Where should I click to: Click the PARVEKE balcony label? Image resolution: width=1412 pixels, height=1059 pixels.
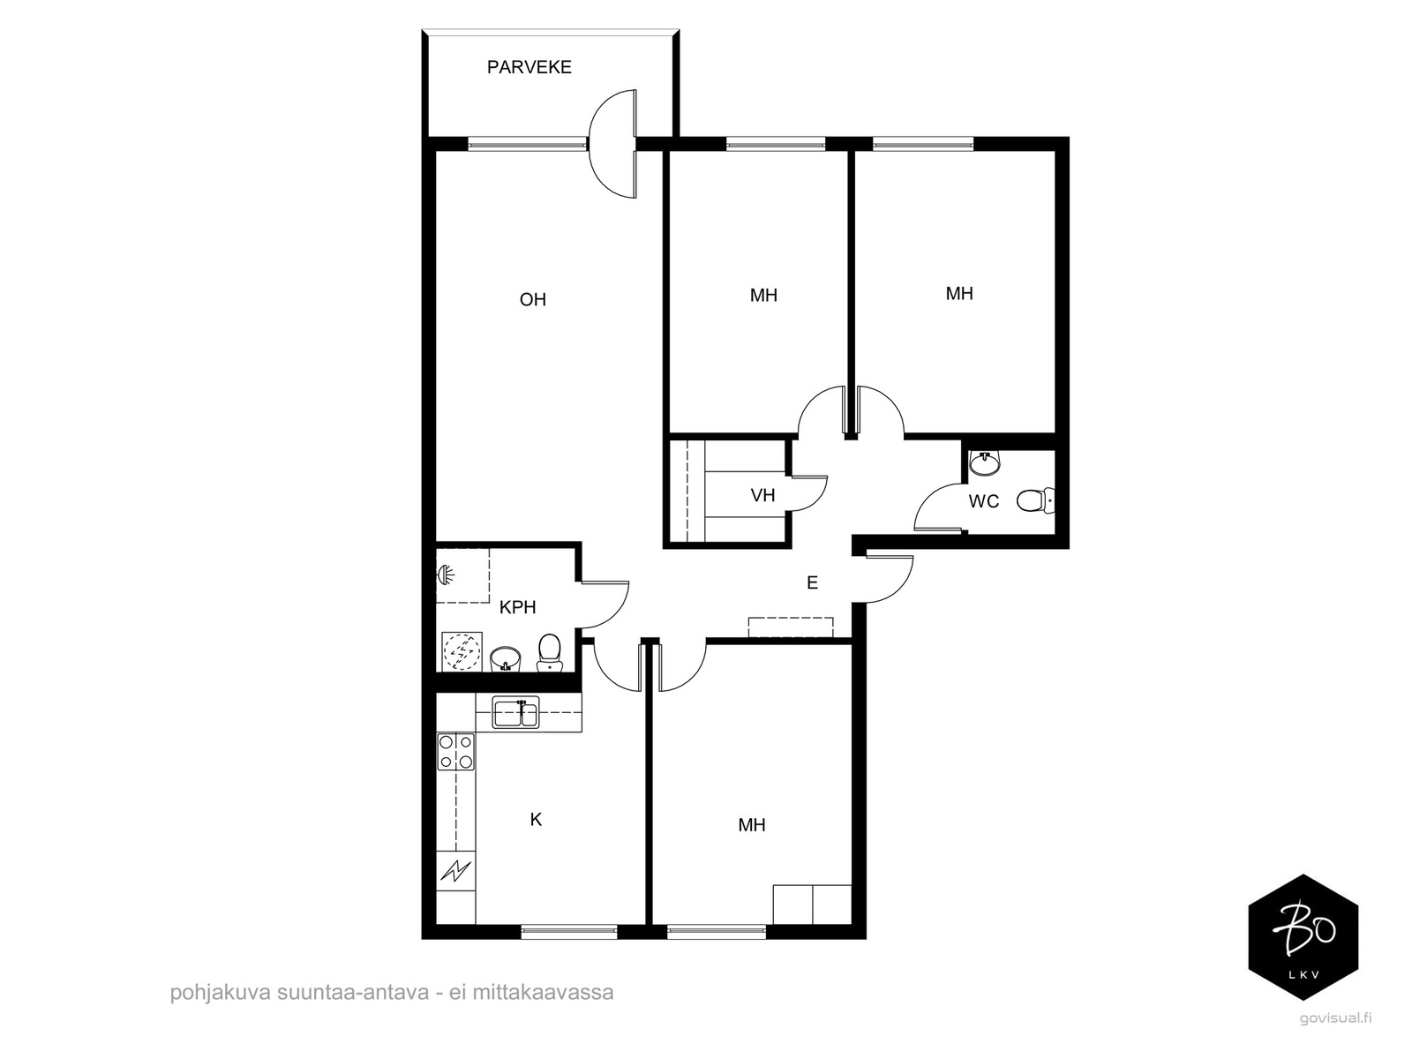click(529, 67)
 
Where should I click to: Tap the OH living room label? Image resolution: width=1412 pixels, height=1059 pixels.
click(533, 300)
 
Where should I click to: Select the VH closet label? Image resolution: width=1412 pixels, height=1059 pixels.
click(763, 495)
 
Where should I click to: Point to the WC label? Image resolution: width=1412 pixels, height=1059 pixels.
click(984, 501)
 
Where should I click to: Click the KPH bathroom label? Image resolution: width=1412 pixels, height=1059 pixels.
click(518, 607)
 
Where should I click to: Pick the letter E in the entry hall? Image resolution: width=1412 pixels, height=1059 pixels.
click(813, 582)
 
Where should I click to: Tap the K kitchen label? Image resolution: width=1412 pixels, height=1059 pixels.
click(536, 819)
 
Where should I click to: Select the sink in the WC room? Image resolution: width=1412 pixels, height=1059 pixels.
click(985, 463)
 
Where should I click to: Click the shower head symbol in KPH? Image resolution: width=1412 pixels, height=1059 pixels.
click(445, 574)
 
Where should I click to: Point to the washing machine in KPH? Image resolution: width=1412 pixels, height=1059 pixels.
click(462, 650)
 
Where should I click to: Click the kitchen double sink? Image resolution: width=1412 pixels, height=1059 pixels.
click(515, 712)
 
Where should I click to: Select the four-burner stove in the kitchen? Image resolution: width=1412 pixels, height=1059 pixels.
click(455, 752)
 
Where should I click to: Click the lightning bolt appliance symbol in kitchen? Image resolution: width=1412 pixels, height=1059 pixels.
click(456, 871)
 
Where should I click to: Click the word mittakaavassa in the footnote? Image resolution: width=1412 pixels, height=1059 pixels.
click(543, 992)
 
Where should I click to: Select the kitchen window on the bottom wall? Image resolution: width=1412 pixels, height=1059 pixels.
click(568, 931)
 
